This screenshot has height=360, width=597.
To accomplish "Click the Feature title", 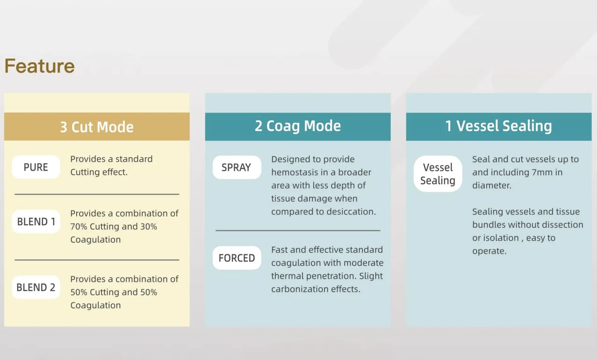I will pos(40,66).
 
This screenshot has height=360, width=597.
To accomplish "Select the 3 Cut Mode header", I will pos(97,127).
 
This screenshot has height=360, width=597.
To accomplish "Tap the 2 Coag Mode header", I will pos(298,126).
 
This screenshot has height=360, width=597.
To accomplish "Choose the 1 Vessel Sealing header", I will pos(498,126).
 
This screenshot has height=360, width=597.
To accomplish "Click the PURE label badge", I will pos(36,167).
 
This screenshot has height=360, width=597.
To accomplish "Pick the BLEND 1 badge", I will pos(36,222).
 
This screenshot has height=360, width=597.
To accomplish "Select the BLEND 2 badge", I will pos(36,287).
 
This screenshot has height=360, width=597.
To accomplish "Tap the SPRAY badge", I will pos(237,167).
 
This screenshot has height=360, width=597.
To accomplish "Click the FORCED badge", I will pos(237,258).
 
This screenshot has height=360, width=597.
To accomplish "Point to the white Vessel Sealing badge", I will pos(438,174).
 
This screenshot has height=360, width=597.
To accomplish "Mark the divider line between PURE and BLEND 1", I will pos(97,194).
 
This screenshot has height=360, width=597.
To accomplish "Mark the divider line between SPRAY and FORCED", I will pos(298,230).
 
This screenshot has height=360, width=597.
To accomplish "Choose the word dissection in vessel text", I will pos(560,225).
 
